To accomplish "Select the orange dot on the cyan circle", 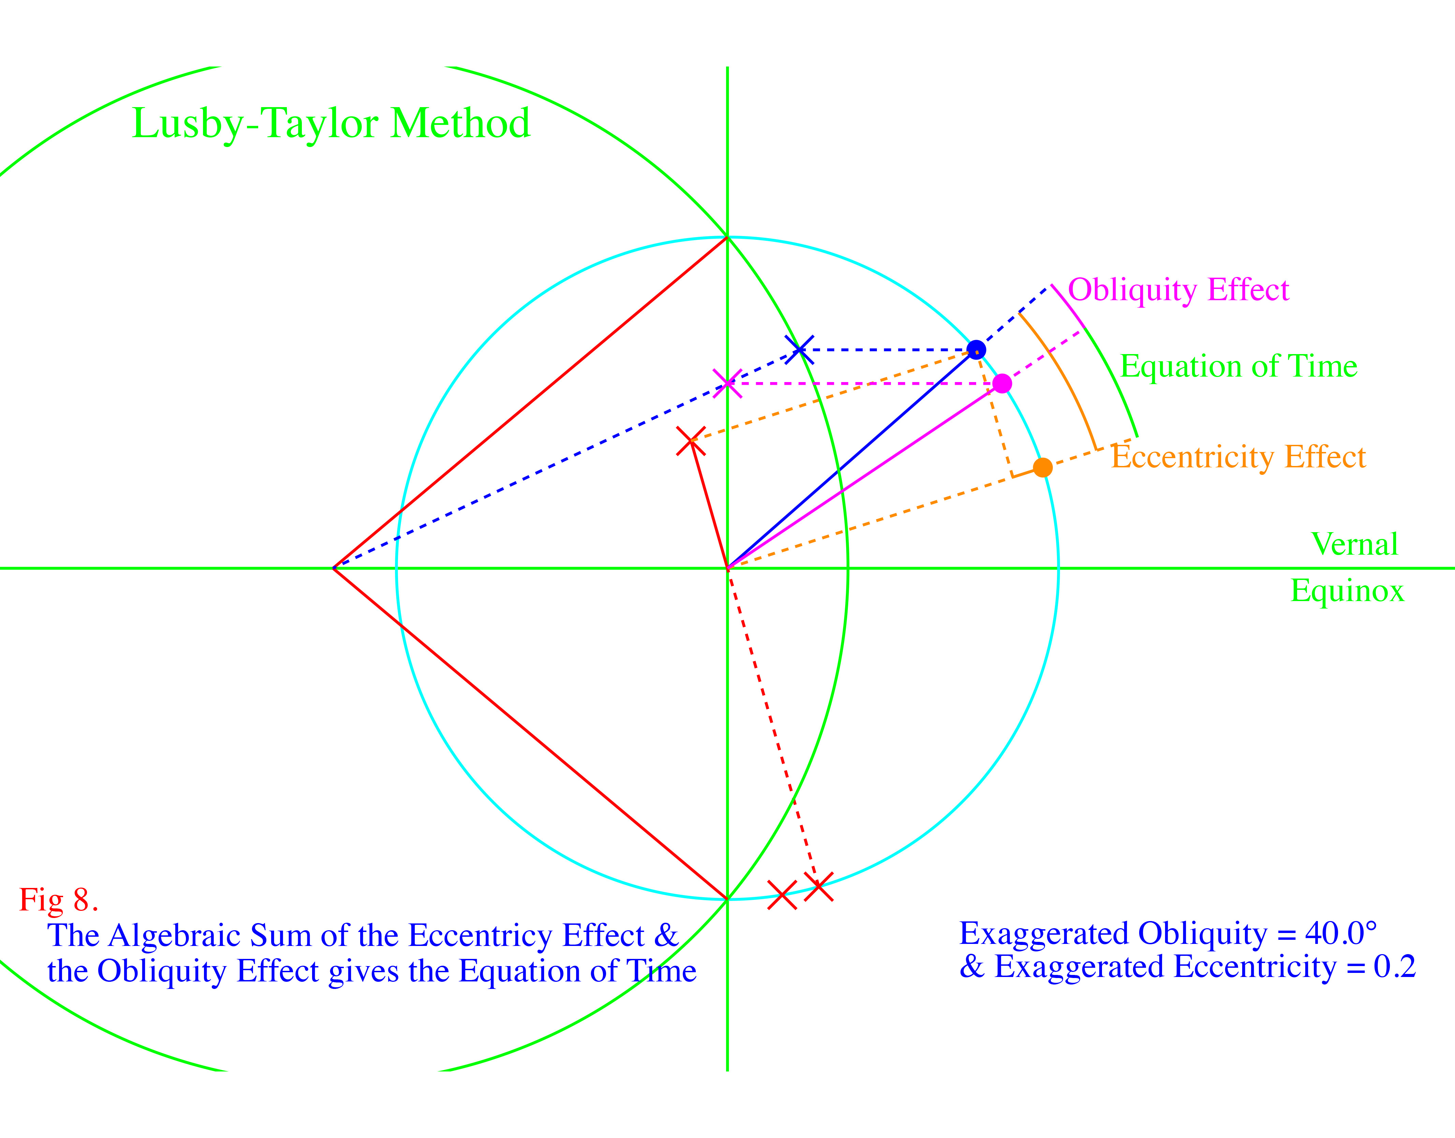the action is [x=1043, y=468].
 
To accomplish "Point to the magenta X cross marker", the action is [x=727, y=384].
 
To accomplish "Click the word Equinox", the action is [x=1347, y=591].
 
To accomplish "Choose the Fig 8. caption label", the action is [x=59, y=900].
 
